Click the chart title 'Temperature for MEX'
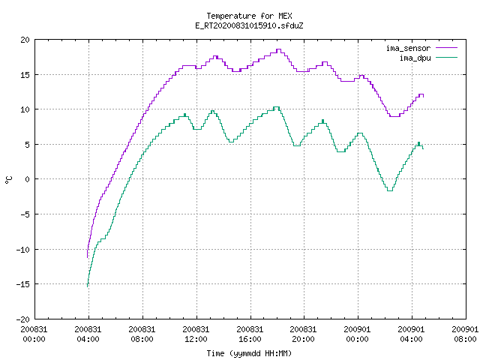(x=249, y=16)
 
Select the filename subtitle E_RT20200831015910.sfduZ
(x=249, y=25)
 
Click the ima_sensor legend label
(x=408, y=48)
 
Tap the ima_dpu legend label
(x=415, y=58)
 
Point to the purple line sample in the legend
(x=447, y=48)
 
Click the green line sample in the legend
(x=447, y=57)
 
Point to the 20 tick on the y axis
(x=25, y=40)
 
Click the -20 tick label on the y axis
(x=23, y=319)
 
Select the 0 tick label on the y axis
(x=28, y=179)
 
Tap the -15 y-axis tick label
(x=23, y=284)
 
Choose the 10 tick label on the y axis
(x=25, y=109)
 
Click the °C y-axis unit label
(x=9, y=180)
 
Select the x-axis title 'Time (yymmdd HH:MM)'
(x=249, y=353)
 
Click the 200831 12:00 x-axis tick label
(x=196, y=334)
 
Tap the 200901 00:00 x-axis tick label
(x=357, y=334)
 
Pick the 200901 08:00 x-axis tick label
(x=465, y=334)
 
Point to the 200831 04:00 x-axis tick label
(x=88, y=334)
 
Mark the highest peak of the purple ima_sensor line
(x=278, y=49)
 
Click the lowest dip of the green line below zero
(x=390, y=190)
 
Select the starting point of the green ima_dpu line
(x=88, y=286)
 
